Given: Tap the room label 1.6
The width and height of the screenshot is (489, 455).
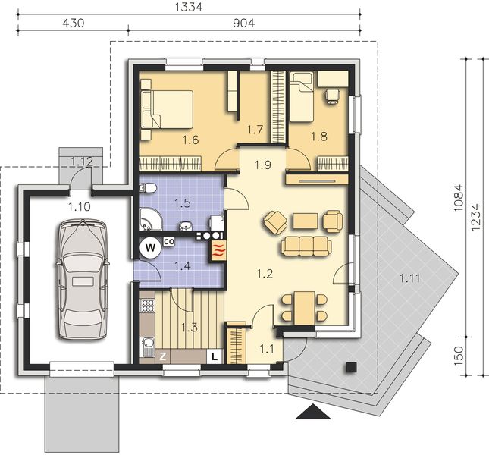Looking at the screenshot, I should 190,140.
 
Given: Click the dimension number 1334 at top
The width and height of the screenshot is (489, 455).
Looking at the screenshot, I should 189,7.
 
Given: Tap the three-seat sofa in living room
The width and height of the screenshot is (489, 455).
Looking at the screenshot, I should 306,245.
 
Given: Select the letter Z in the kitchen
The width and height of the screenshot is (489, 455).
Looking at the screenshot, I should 161,355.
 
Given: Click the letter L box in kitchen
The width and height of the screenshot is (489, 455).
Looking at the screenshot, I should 215,355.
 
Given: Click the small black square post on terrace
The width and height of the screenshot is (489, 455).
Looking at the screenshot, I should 350,367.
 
